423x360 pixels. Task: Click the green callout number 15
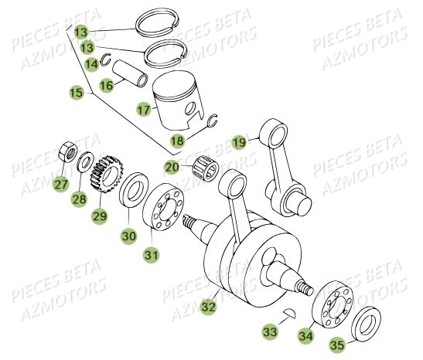(x=77, y=93)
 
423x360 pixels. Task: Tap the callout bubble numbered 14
(x=92, y=63)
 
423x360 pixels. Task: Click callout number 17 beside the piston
(x=144, y=110)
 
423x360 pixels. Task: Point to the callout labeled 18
(x=178, y=141)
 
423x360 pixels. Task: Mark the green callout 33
(x=270, y=332)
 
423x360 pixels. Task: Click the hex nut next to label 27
(x=67, y=148)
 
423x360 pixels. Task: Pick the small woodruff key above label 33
(x=267, y=312)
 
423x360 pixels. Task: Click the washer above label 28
(x=84, y=164)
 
